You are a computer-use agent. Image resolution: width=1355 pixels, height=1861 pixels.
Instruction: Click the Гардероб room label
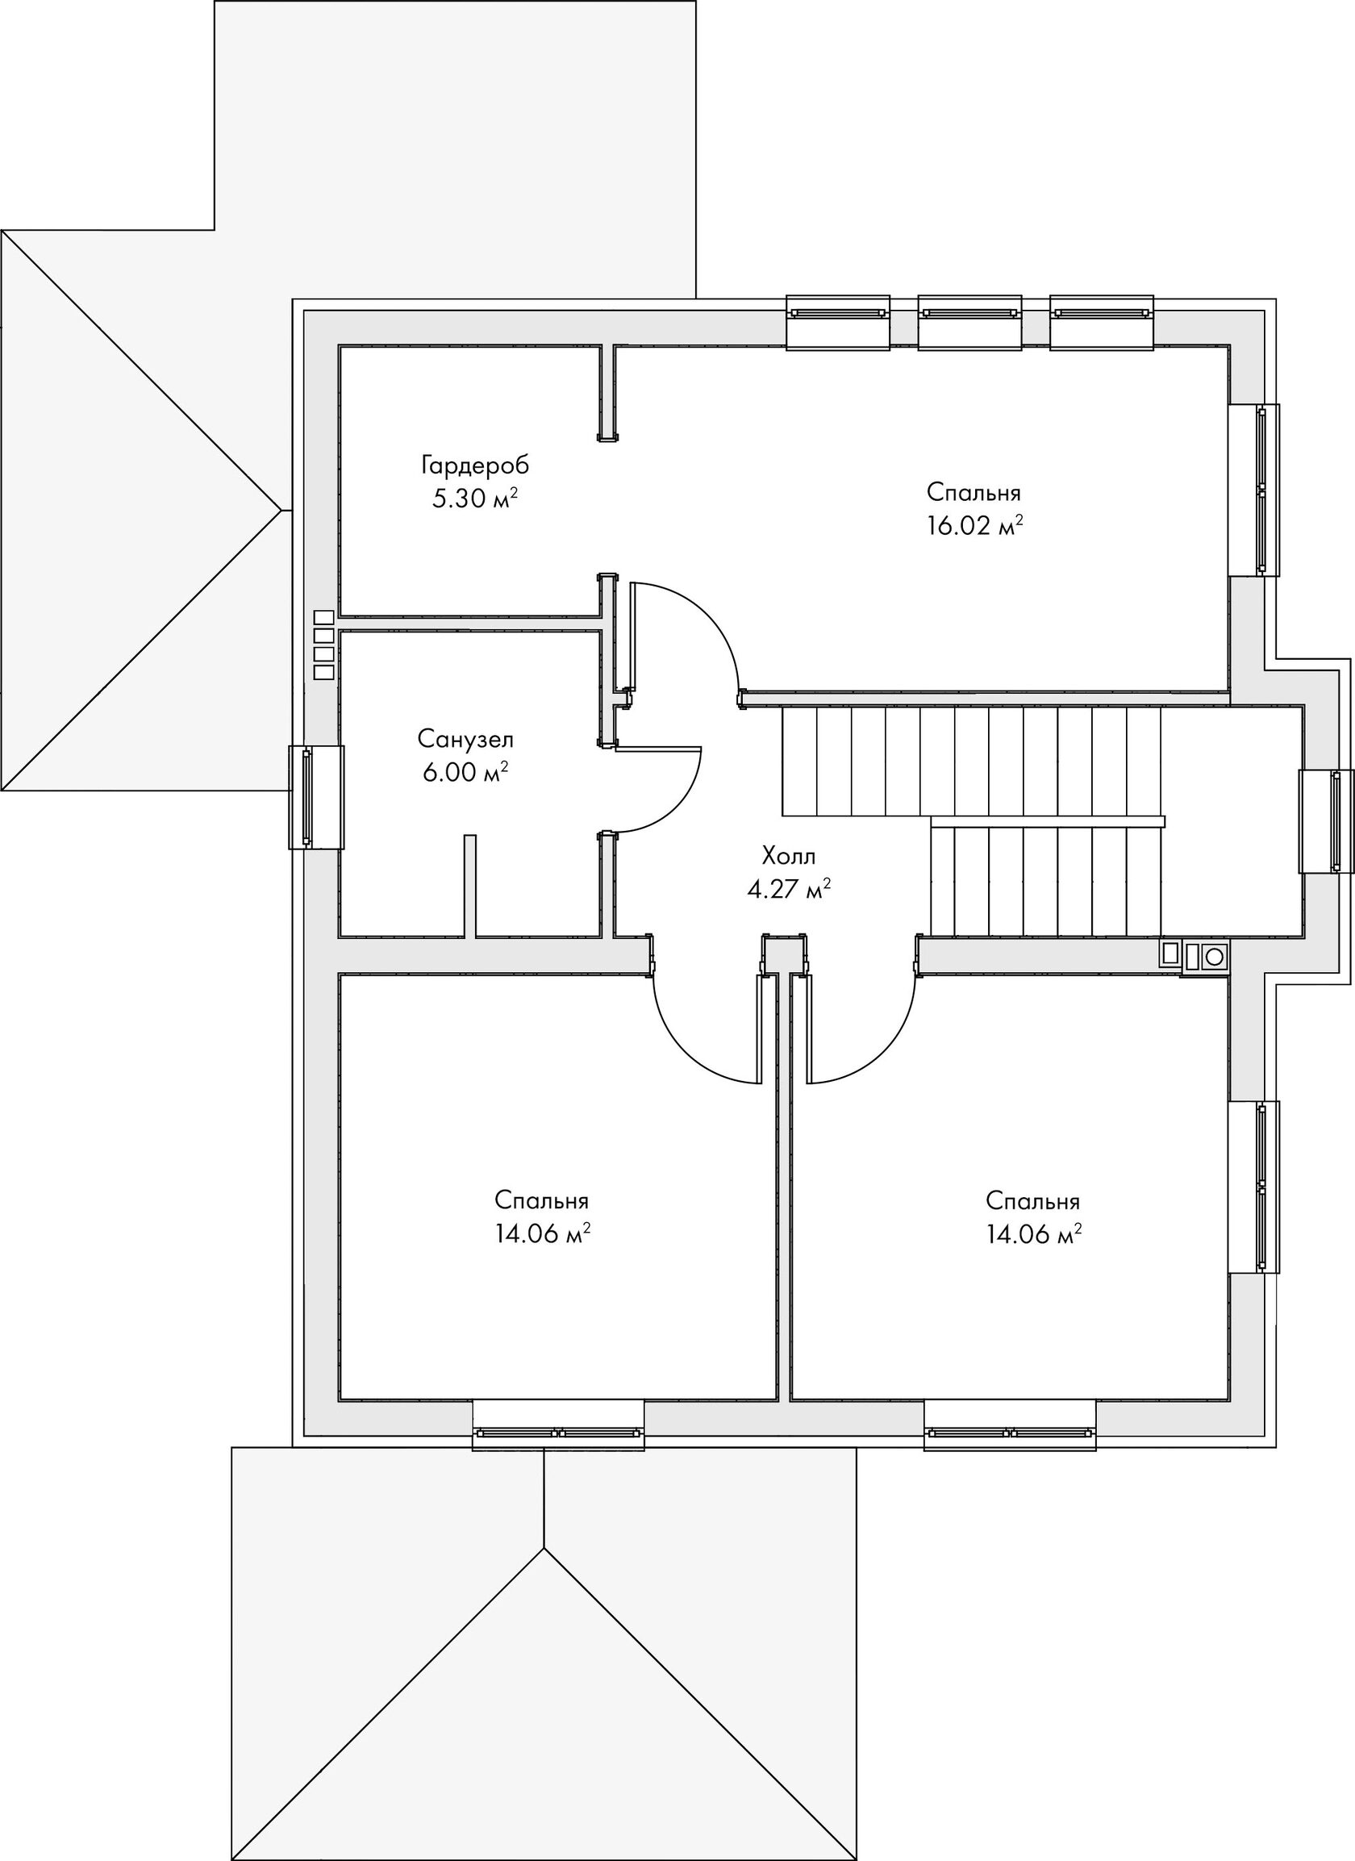(475, 466)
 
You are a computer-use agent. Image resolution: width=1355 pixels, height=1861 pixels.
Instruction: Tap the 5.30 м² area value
(475, 498)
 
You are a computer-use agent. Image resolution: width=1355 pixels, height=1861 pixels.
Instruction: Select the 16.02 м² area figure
(974, 525)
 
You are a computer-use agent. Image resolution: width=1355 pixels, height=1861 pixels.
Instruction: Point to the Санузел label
(466, 739)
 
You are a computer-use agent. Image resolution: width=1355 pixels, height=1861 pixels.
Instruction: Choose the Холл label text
(789, 857)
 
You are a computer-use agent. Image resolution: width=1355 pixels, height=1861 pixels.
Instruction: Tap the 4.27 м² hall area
(789, 889)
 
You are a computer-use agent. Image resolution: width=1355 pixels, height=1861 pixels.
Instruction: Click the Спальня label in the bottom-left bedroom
(541, 1200)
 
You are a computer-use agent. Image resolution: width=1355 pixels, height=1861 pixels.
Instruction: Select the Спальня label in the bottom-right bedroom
(1032, 1200)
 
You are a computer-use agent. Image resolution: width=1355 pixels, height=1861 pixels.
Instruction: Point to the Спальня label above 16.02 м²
(974, 492)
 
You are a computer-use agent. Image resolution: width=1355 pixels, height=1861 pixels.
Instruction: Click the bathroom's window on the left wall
(316, 797)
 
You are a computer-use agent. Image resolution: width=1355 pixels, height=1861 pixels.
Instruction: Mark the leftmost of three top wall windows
(838, 323)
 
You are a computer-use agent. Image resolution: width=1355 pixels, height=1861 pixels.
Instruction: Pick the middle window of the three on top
(969, 323)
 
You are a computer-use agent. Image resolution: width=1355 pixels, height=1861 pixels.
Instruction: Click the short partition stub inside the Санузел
(470, 886)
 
